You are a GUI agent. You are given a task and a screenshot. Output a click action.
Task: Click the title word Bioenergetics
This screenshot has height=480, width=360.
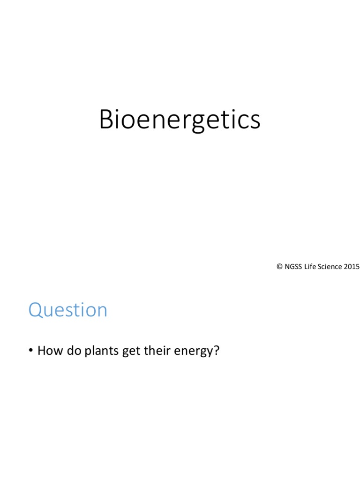point(180,120)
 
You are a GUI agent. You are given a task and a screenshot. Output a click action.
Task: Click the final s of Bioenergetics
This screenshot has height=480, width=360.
point(254,122)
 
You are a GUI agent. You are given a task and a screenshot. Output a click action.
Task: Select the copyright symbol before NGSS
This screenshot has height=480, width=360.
point(279,267)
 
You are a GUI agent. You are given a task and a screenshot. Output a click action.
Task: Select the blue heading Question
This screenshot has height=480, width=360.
point(68,310)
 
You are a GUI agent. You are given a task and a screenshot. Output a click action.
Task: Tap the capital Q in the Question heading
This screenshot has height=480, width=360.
point(36,310)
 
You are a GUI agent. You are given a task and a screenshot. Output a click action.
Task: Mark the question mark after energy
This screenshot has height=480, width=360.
point(216,350)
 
